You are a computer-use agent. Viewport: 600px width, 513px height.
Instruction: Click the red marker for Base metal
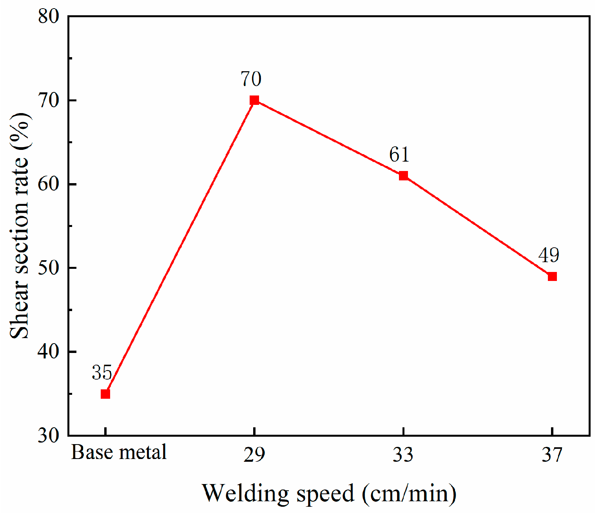(105, 394)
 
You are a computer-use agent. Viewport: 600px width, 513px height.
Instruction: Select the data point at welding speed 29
(254, 100)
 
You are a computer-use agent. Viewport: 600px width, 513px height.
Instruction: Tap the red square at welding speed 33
(403, 176)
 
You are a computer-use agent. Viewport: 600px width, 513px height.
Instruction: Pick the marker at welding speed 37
(552, 277)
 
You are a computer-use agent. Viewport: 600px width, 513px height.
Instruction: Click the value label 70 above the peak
(251, 79)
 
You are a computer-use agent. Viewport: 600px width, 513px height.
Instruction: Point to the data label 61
(399, 155)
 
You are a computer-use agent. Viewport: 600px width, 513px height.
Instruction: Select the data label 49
(549, 255)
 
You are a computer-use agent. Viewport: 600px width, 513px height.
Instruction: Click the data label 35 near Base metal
(102, 373)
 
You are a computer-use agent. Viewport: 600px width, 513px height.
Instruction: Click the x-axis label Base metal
(119, 452)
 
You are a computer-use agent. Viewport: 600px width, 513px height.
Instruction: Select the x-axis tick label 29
(254, 455)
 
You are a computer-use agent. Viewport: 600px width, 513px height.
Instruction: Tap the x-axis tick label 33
(403, 455)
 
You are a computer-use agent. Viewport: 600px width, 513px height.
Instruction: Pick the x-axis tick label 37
(552, 455)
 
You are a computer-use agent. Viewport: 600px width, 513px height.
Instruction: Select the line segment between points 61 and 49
(478, 226)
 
